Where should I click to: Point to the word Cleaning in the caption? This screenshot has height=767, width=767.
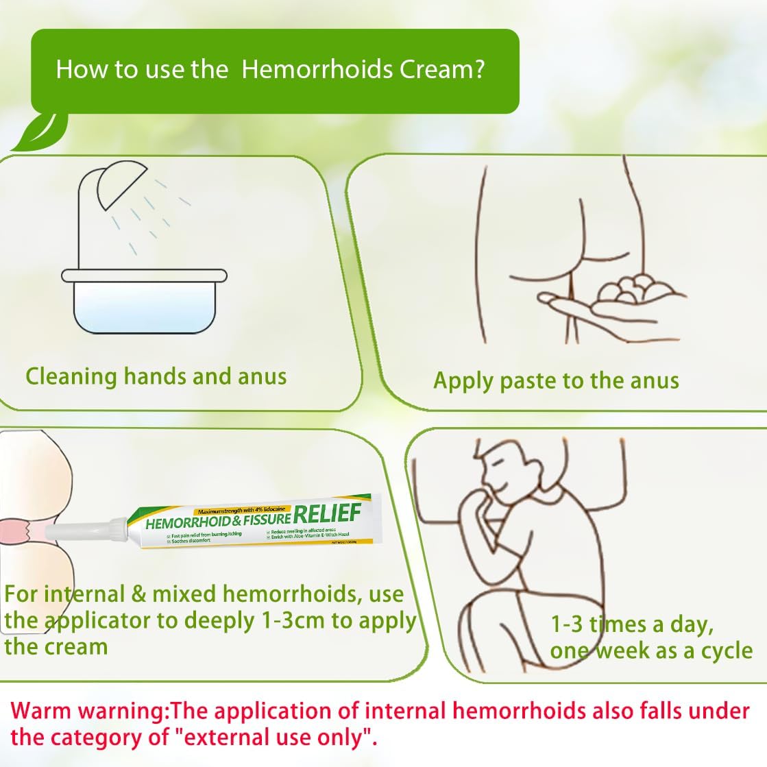click(71, 376)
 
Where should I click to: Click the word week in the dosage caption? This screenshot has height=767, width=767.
click(622, 650)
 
